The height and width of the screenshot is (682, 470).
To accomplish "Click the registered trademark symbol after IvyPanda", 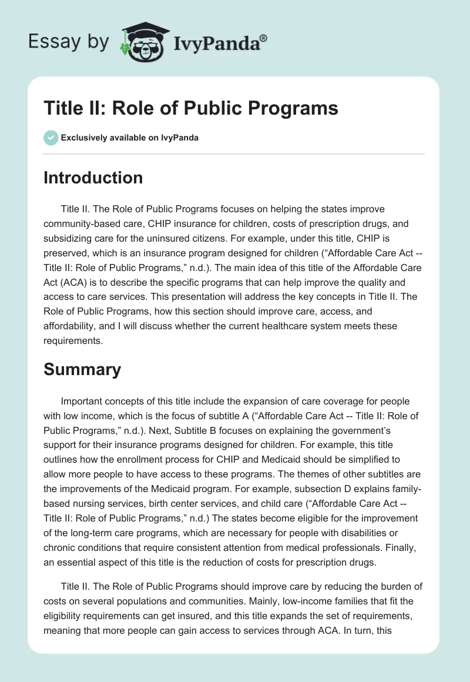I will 264,39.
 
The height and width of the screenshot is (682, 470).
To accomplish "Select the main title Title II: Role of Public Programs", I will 191,109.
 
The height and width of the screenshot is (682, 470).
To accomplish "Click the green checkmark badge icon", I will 50,138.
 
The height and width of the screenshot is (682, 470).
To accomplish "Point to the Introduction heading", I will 93,178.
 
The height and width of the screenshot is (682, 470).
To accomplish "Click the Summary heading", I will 82,369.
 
